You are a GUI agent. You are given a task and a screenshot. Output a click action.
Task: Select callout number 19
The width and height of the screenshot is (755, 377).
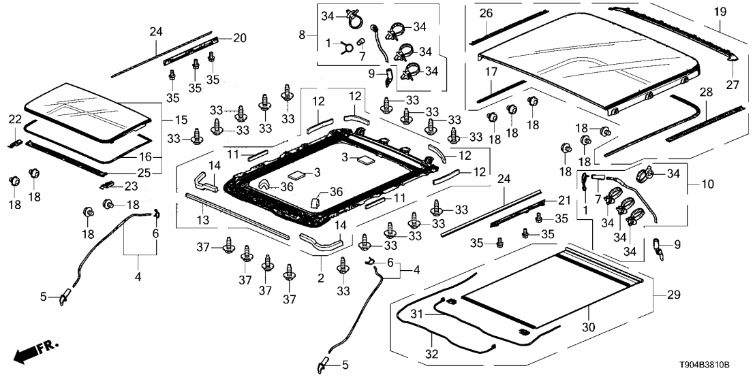point(720,12)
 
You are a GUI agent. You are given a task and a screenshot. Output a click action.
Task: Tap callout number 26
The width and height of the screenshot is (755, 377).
point(485,14)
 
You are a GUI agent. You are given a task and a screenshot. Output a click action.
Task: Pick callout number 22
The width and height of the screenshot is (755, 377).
point(15,120)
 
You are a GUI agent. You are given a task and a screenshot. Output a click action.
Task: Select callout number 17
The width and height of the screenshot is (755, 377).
point(491,71)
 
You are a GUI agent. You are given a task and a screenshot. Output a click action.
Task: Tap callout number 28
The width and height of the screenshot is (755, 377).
point(705,92)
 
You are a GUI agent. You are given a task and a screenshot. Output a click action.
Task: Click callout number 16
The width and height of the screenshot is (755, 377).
point(163,157)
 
